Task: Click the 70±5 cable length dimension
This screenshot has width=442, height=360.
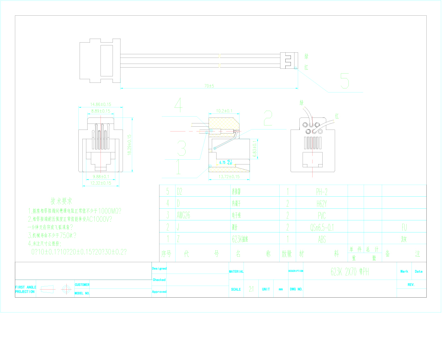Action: click(209, 86)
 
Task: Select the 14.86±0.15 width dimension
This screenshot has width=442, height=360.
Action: click(95, 104)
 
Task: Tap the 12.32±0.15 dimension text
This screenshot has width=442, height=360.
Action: click(100, 183)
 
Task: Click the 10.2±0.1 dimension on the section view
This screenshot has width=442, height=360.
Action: click(225, 111)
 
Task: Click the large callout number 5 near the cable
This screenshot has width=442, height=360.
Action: click(344, 81)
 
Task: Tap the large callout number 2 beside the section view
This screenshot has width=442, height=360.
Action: click(268, 118)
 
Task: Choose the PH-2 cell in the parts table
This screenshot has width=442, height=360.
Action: click(321, 191)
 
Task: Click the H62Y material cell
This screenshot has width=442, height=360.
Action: click(321, 204)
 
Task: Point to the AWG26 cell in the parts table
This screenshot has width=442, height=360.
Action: click(183, 215)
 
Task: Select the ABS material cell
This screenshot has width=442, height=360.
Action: click(321, 239)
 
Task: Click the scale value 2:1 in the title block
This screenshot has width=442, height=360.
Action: click(251, 289)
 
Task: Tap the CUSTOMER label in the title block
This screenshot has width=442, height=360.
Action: click(82, 285)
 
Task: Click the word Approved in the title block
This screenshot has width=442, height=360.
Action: click(159, 292)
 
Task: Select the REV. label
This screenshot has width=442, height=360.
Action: click(411, 284)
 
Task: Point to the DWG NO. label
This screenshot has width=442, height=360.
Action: click(296, 289)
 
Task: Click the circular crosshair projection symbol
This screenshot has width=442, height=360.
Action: click(65, 289)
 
